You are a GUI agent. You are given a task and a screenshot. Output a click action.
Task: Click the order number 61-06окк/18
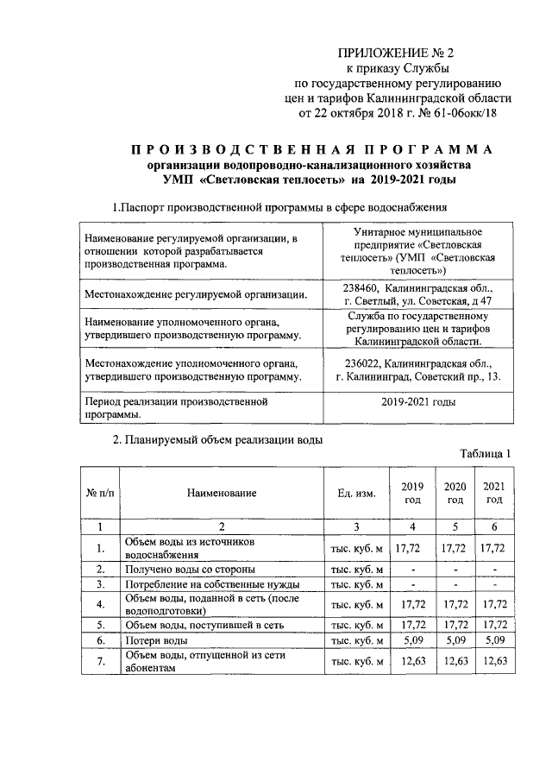pos(462,113)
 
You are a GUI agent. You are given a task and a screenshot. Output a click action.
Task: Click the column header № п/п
pos(101,493)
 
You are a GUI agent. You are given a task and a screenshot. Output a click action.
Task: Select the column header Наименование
pos(222,493)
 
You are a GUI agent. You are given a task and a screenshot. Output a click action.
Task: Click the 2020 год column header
pos(454,493)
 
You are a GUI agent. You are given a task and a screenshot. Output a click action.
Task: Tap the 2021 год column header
pos(493,493)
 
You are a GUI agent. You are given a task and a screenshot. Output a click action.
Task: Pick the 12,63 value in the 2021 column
pos(493,662)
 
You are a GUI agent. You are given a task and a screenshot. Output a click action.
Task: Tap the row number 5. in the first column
pos(101,625)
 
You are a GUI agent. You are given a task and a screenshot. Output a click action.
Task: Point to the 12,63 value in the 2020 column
pos(454,662)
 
